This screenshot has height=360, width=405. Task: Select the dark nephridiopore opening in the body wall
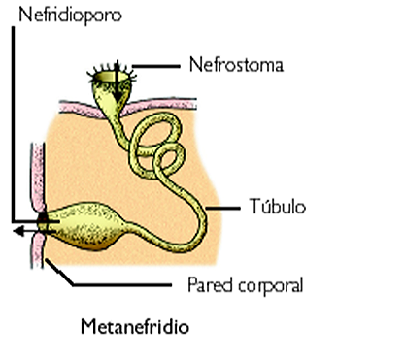42,226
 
